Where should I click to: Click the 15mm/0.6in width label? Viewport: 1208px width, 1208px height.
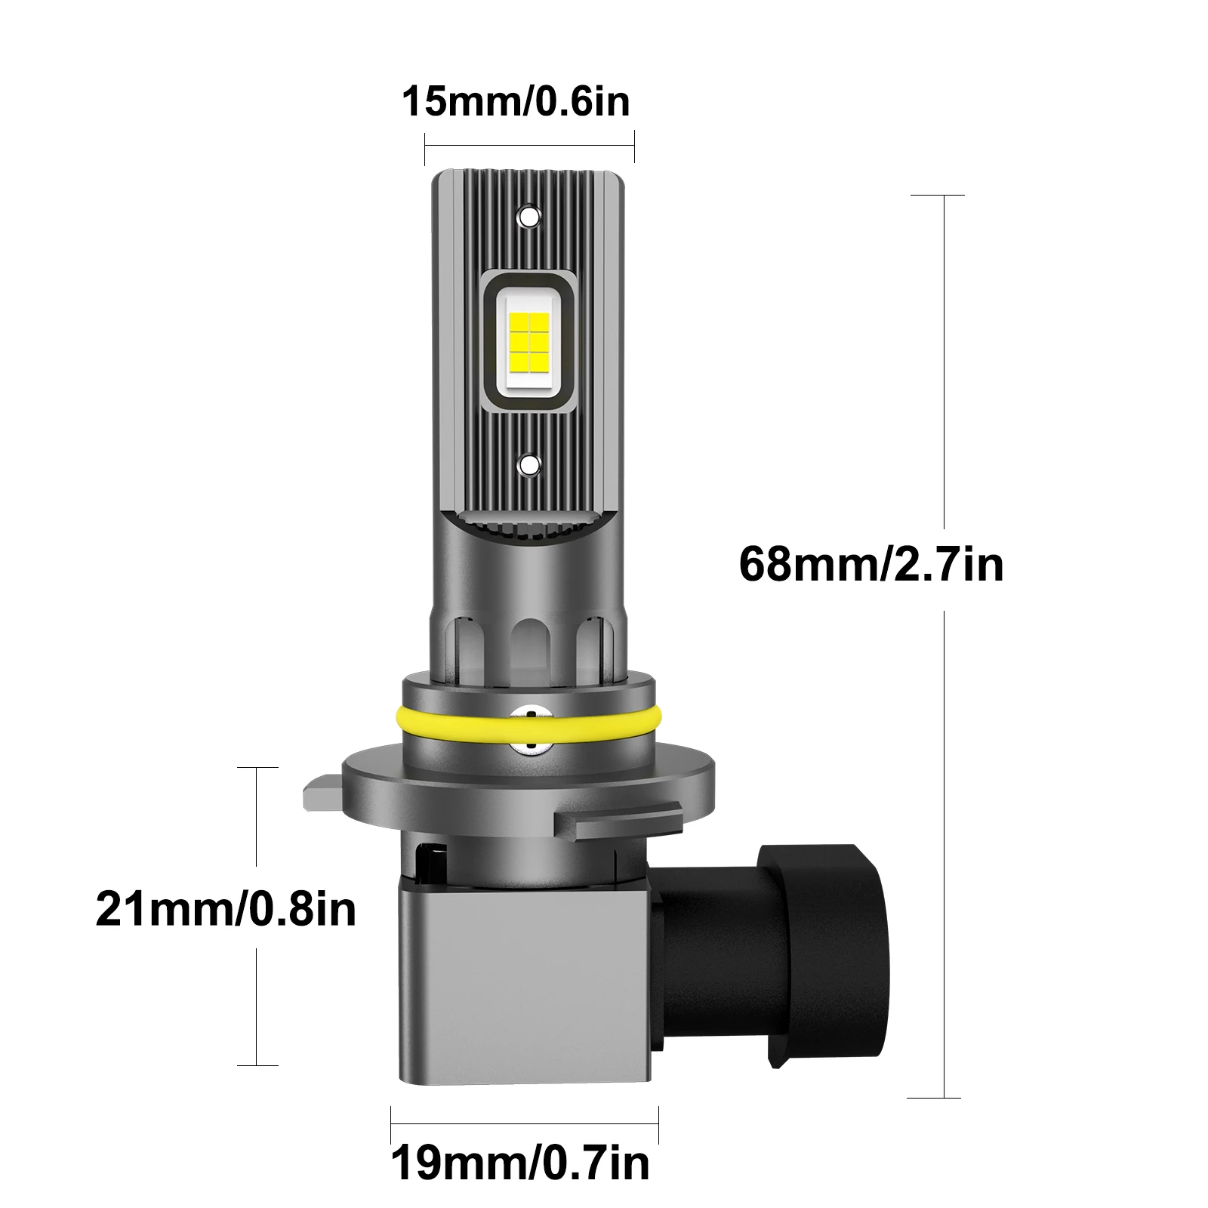(x=515, y=102)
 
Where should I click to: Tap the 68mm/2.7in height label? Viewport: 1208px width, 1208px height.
(x=871, y=564)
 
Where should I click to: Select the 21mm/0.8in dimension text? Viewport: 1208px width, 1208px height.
(x=226, y=908)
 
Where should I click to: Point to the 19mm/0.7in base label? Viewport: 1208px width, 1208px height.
(x=520, y=1163)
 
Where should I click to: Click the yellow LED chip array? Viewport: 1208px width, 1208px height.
(x=528, y=342)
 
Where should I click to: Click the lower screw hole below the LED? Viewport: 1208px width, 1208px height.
(x=529, y=464)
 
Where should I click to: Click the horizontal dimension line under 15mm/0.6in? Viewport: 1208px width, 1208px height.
(x=528, y=146)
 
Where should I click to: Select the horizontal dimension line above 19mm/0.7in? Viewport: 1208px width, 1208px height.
(x=525, y=1123)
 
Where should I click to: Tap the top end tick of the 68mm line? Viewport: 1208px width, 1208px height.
(x=937, y=195)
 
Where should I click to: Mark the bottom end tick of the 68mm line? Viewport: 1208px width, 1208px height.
(x=934, y=1098)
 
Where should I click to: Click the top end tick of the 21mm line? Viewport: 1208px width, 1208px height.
(x=257, y=767)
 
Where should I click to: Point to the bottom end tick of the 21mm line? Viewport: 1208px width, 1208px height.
(x=257, y=1065)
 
